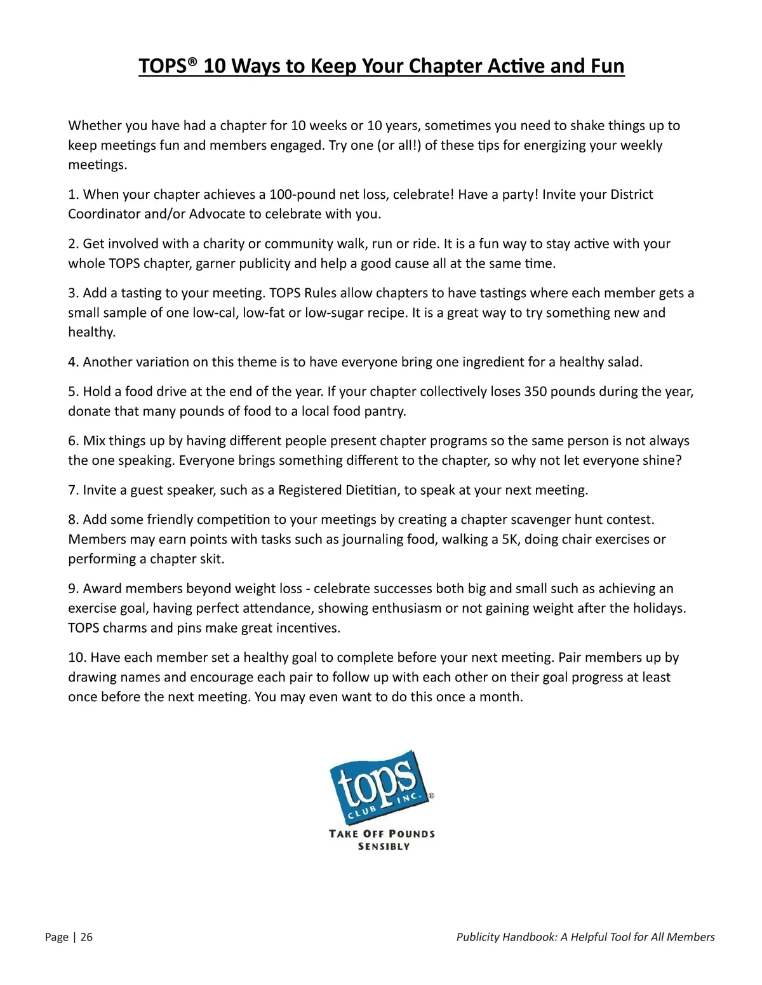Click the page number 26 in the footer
coord(86,937)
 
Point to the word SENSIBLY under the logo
coord(384,847)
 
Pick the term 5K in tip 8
coord(510,539)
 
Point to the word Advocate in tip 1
coord(217,214)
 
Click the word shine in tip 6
coord(660,460)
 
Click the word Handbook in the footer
coord(530,937)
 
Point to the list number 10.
coord(77,657)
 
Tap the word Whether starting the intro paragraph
coord(94,126)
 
